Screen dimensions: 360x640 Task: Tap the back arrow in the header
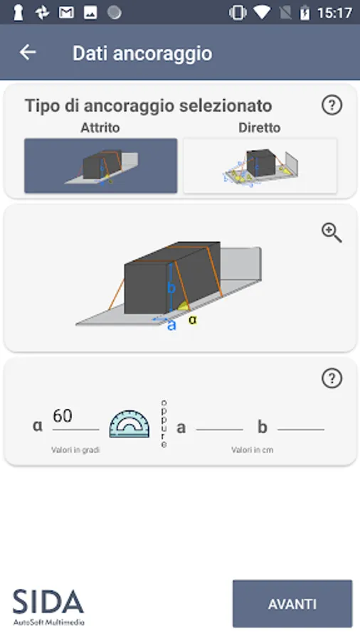28,52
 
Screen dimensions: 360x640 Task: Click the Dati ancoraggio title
142,53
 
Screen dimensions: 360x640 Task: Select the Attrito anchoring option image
101,165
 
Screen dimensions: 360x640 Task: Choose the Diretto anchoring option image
260,165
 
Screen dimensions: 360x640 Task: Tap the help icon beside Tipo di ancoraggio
332,105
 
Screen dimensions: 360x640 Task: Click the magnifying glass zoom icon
332,233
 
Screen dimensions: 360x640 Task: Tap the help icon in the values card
332,378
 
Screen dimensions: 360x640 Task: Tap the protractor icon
129,424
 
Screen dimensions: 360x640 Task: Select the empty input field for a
220,425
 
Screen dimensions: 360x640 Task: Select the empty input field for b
301,425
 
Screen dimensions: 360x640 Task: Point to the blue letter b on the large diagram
171,288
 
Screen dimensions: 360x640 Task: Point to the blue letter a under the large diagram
172,325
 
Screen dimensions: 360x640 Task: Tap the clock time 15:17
334,13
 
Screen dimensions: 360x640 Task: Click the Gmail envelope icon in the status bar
66,13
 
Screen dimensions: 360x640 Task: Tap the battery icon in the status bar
305,13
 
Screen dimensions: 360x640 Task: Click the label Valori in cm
253,450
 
